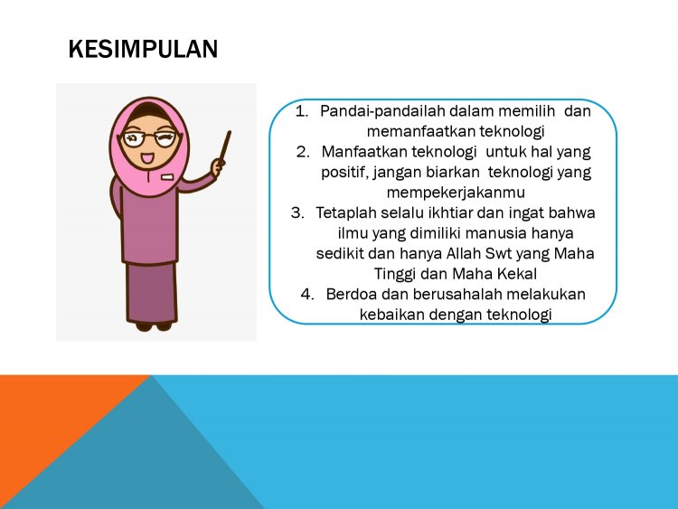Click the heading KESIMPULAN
[143, 50]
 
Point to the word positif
[342, 172]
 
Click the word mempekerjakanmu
[442, 192]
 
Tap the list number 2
[304, 152]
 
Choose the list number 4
[307, 294]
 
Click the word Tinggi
[396, 273]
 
